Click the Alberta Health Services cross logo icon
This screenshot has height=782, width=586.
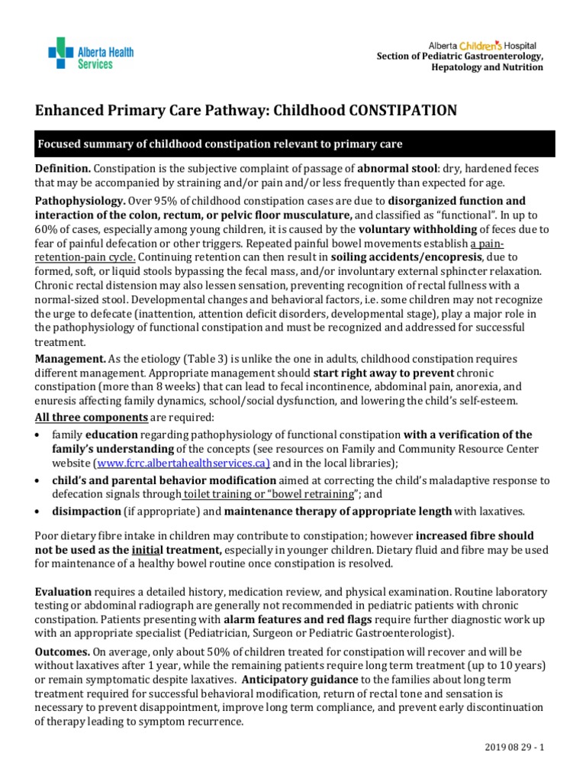[x=61, y=53]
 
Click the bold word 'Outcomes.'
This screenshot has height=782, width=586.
[x=62, y=651]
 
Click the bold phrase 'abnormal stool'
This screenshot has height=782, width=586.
[x=398, y=168]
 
